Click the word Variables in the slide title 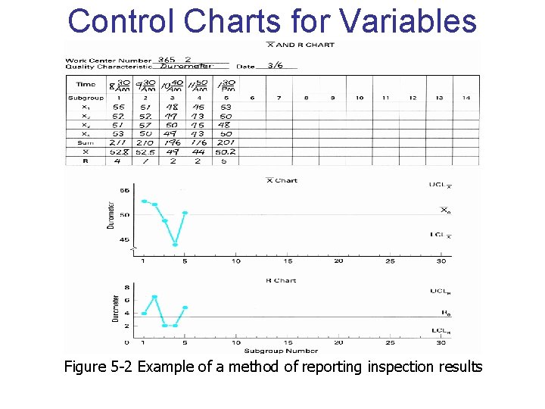click(x=410, y=20)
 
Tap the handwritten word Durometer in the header click(x=185, y=67)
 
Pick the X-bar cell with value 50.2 click(x=226, y=151)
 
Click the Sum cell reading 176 click(x=199, y=142)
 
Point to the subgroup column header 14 click(x=466, y=98)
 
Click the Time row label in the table click(x=86, y=85)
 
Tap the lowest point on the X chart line click(x=175, y=245)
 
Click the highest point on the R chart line click(x=154, y=297)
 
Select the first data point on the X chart click(x=144, y=201)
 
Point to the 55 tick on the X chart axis click(x=125, y=191)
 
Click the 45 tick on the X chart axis click(x=125, y=239)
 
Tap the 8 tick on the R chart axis click(x=126, y=288)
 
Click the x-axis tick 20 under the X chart click(x=338, y=261)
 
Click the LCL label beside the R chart click(x=440, y=330)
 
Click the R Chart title click(x=280, y=280)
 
